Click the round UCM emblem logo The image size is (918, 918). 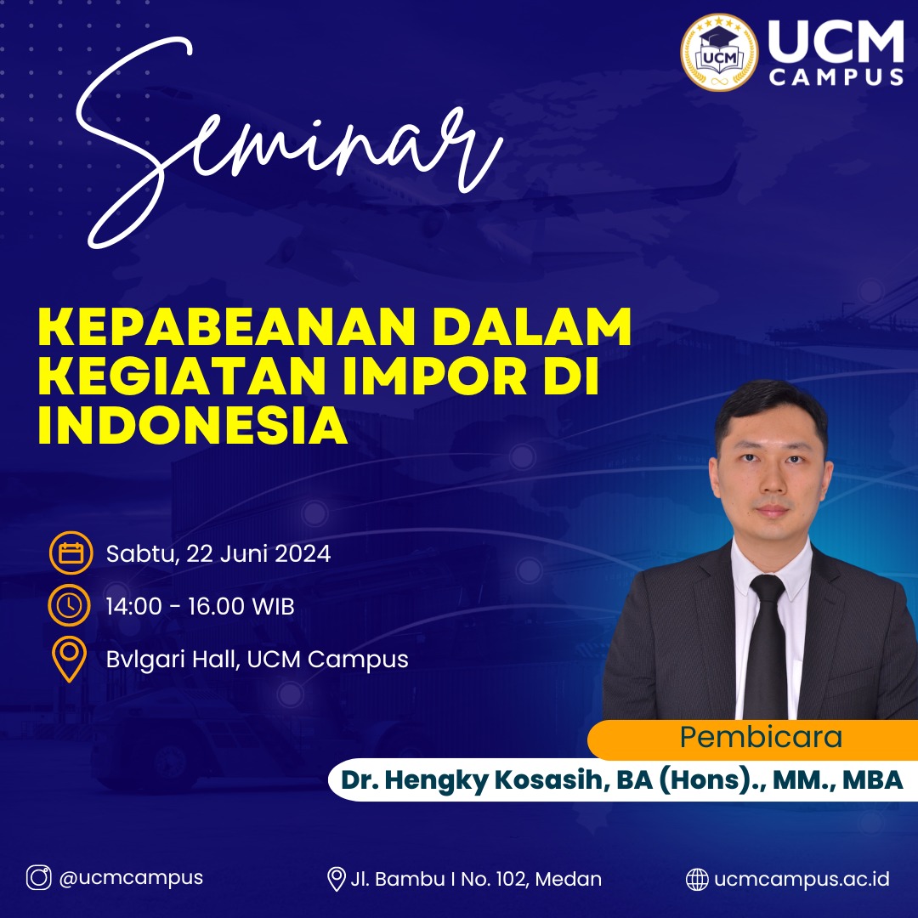(x=718, y=51)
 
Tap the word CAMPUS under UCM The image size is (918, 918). (x=836, y=76)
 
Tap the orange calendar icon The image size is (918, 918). (x=71, y=554)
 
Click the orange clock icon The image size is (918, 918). (x=71, y=606)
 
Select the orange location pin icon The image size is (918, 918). (x=70, y=660)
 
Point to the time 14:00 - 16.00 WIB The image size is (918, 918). (x=201, y=607)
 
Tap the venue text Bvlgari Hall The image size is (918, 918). (x=173, y=659)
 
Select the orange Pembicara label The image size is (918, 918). (x=761, y=737)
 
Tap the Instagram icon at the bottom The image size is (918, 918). (x=38, y=878)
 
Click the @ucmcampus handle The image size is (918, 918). (x=131, y=878)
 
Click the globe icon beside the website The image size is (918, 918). (x=697, y=879)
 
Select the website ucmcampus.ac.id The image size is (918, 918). (x=802, y=879)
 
